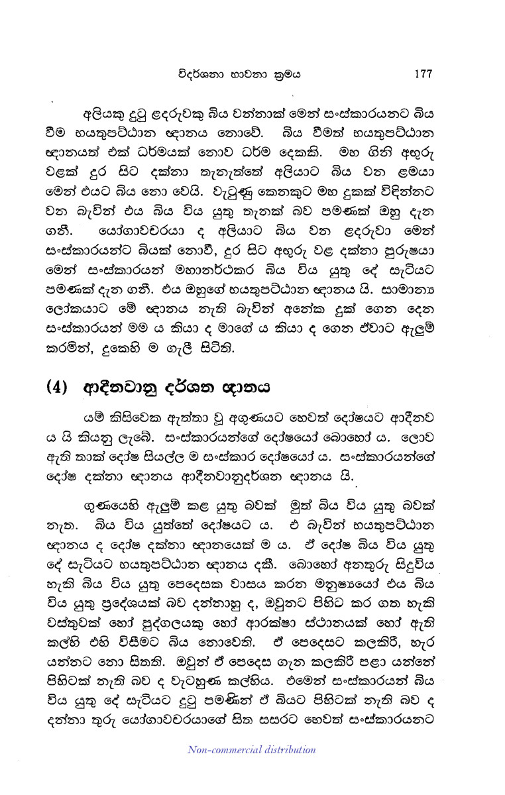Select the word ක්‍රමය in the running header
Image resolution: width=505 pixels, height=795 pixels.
click(x=286, y=74)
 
